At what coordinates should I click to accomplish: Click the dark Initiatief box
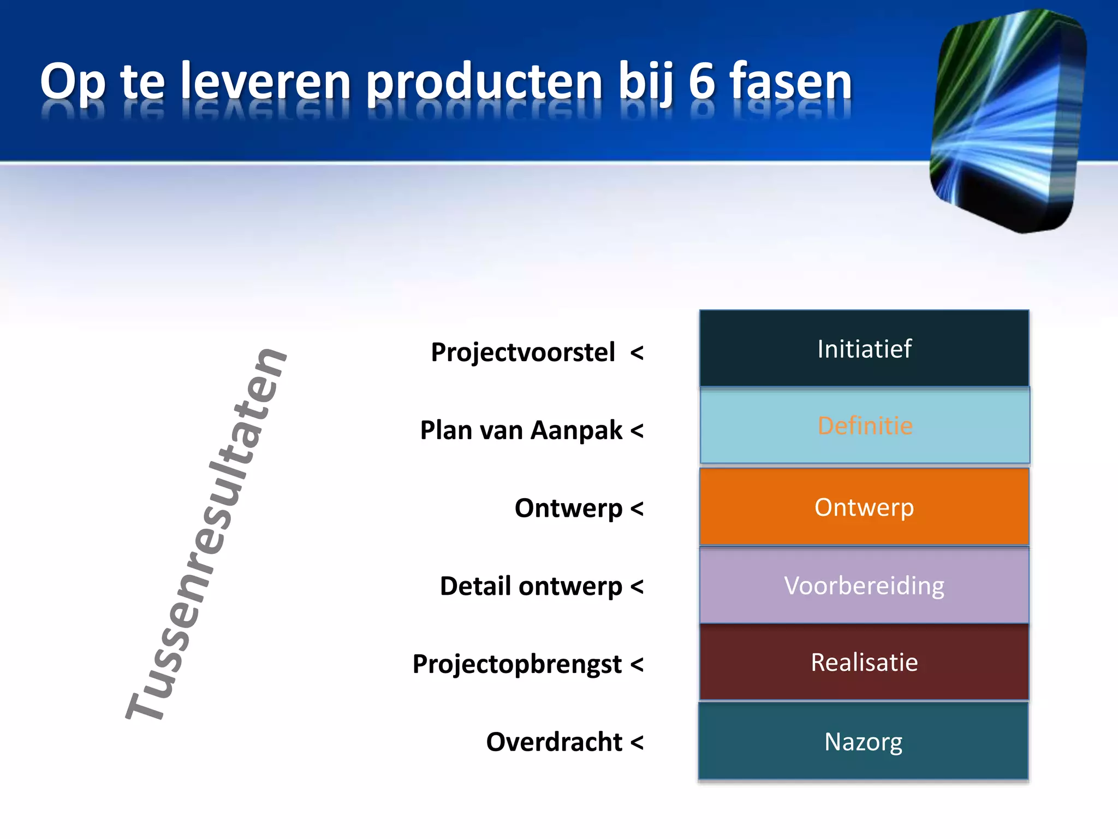[x=864, y=348]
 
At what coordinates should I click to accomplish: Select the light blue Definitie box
[x=865, y=426]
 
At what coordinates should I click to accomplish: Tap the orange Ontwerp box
[x=864, y=507]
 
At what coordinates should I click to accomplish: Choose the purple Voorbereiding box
[x=864, y=586]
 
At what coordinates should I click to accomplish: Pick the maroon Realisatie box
[x=864, y=662]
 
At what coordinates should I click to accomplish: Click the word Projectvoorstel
[x=522, y=352]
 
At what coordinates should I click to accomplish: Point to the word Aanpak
[x=576, y=430]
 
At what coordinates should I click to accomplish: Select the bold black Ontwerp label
[x=568, y=509]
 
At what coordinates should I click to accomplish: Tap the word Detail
[x=475, y=586]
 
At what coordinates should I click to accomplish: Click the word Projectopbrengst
[x=517, y=665]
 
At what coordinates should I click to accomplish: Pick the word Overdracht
[x=554, y=742]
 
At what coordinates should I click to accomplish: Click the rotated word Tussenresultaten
[x=206, y=534]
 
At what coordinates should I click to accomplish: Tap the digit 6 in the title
[x=701, y=82]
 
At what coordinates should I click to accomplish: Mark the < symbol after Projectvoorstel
[x=637, y=353]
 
